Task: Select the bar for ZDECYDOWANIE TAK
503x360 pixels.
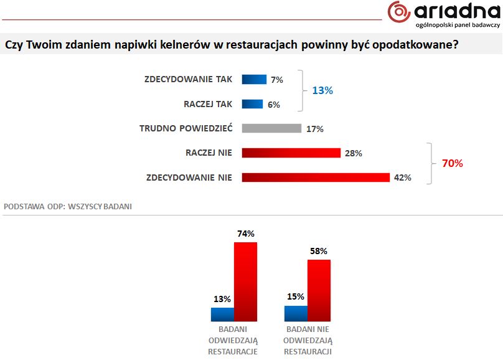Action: coord(254,80)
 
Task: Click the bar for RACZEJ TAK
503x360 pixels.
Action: coord(252,104)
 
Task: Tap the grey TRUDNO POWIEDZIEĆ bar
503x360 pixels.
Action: coord(271,128)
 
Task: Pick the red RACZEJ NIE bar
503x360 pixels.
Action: coord(291,153)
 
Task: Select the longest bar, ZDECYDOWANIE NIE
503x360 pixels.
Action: coord(315,177)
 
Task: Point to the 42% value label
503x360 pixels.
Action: coord(402,178)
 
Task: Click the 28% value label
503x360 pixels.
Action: coord(353,153)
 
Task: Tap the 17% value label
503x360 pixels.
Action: coord(314,129)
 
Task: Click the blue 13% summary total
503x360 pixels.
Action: coord(322,90)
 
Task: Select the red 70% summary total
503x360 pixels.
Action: coord(453,164)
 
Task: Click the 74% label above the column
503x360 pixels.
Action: coord(245,234)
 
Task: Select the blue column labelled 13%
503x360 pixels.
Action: coord(222,315)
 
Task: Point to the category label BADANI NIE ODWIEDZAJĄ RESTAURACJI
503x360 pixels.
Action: coord(308,340)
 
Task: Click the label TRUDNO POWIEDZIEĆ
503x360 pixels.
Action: coord(186,128)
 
